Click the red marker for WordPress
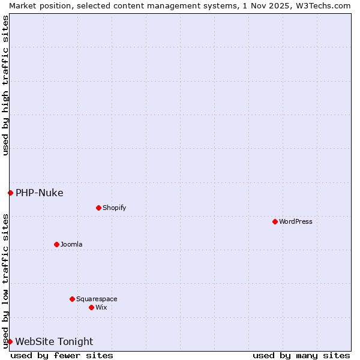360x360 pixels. pos(275,221)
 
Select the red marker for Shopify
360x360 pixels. pos(98,208)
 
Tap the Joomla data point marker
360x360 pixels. pos(56,244)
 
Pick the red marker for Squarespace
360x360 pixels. pos(72,299)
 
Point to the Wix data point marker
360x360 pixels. pos(91,307)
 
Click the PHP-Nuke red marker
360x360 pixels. pos(10,193)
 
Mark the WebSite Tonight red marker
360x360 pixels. pos(10,341)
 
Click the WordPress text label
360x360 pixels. pos(296,221)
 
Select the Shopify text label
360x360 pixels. pos(114,208)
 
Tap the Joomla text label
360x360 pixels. pos(71,244)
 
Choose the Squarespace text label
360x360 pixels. pos(97,299)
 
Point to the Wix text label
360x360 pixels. pos(101,307)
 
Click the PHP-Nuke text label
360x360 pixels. pos(39,193)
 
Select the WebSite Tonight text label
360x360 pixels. pos(54,341)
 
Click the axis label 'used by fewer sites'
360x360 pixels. pos(62,355)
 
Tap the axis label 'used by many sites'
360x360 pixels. pos(301,355)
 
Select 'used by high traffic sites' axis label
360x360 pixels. pos(5,85)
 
